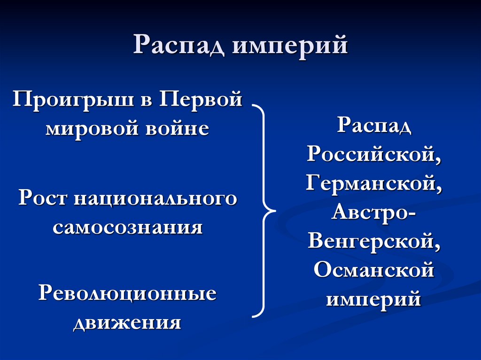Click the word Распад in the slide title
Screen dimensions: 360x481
178,47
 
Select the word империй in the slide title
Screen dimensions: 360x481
290,47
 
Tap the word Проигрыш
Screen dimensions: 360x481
72,100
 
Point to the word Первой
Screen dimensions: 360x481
202,100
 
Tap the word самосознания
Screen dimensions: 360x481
128,228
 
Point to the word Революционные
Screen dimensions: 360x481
127,293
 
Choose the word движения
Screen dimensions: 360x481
127,323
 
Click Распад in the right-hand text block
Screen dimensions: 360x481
374,126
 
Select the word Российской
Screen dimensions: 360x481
374,153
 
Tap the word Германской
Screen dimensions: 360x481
374,182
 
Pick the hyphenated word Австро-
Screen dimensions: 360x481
374,211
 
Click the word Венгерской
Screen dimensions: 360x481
374,241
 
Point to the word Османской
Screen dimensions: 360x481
374,270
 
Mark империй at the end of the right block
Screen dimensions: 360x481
374,299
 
